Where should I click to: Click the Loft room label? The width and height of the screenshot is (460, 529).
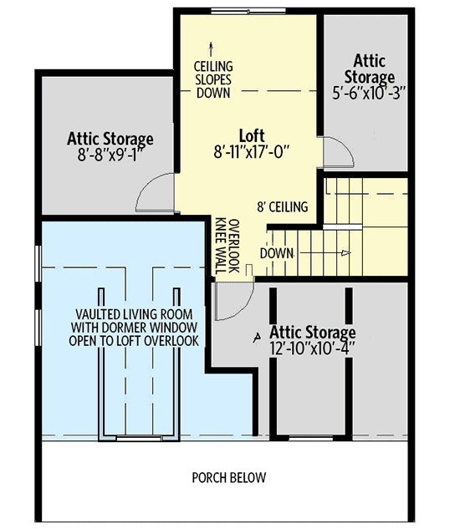(252, 135)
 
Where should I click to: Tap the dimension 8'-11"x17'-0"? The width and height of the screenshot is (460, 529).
(252, 151)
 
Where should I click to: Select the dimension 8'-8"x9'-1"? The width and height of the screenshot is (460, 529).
(110, 153)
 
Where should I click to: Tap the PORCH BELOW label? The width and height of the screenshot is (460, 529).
(228, 478)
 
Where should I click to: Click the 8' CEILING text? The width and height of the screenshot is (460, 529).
(283, 206)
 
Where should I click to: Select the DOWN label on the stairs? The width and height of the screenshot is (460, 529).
(276, 252)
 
